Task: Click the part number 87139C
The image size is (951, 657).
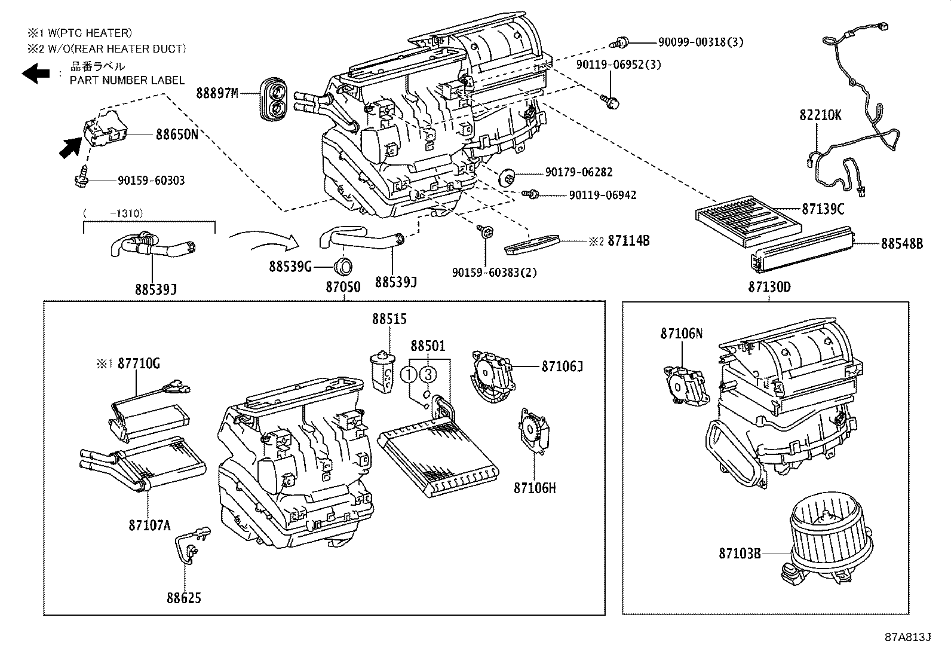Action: click(823, 209)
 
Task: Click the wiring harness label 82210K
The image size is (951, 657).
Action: click(820, 115)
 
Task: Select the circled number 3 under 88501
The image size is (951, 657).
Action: click(428, 375)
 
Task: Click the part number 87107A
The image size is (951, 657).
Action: click(149, 525)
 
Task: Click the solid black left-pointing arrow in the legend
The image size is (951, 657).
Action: click(36, 74)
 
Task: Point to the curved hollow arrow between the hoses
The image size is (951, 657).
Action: click(263, 240)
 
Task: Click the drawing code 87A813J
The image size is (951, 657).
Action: click(907, 637)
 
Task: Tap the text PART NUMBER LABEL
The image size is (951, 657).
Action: click(127, 80)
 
